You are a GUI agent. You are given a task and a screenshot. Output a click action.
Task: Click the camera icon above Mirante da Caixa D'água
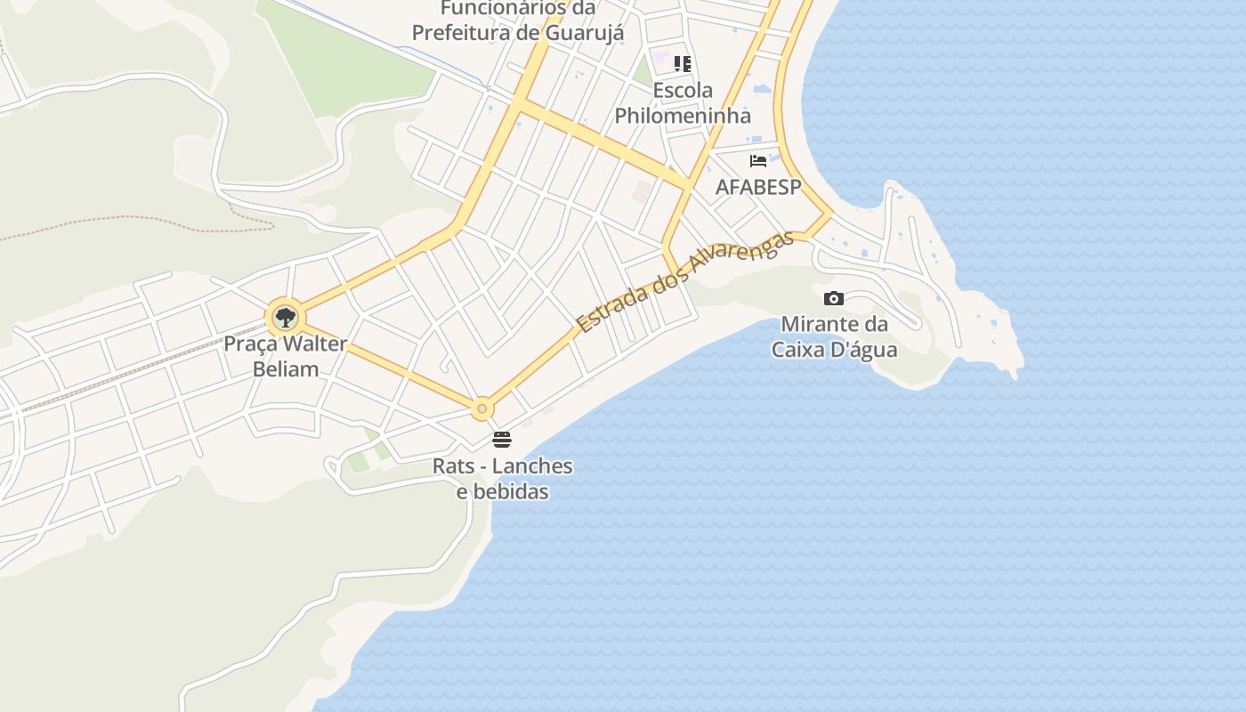point(834,298)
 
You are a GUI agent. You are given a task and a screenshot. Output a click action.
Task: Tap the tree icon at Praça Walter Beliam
point(285,317)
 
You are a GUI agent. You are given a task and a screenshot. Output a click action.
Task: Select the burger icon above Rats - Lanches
point(502,440)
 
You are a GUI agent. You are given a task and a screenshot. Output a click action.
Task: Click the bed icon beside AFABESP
point(758,161)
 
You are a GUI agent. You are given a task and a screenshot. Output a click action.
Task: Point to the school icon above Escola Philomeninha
point(683,64)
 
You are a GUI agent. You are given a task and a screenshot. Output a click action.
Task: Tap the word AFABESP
point(758,187)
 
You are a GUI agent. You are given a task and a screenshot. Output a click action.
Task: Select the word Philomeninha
point(683,115)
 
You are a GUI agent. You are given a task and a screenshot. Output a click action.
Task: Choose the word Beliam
point(286,368)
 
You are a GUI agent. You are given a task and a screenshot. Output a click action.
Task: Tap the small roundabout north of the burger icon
point(482,409)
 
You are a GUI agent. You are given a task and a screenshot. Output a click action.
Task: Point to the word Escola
point(683,90)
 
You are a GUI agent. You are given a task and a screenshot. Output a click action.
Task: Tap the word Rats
point(450,465)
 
